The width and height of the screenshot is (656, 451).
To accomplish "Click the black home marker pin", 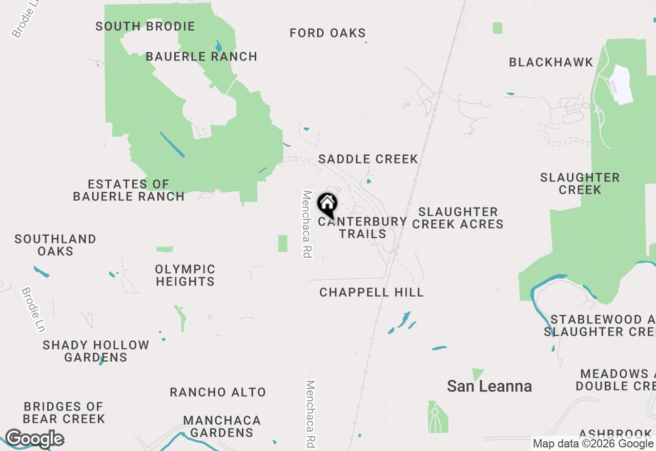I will [327, 204].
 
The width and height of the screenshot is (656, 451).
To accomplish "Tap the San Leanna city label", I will [489, 386].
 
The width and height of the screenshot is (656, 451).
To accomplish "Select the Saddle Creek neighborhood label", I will [368, 159].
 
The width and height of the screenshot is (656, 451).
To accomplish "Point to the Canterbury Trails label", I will [362, 228].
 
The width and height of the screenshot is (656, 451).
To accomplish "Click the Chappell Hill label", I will [372, 292].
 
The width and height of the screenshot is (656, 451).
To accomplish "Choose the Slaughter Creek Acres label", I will [458, 218].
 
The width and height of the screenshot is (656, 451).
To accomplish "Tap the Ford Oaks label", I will [327, 33].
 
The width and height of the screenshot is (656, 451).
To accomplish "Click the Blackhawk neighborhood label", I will [551, 62].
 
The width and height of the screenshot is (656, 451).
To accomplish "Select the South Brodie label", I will [145, 26].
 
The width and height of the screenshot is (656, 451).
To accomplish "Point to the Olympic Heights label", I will [185, 275].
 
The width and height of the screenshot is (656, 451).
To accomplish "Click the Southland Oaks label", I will [55, 245].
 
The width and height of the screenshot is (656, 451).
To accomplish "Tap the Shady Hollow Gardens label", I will [96, 351].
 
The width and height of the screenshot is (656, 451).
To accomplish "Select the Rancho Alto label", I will [218, 392].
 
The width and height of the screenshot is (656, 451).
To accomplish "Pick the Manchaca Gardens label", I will [222, 426].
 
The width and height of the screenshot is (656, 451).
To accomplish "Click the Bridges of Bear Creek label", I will [64, 413].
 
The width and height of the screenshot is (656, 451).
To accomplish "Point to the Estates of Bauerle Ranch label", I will [128, 190].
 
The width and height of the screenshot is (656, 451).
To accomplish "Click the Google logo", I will [34, 439].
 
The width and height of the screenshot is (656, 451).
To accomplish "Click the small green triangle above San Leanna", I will [478, 374].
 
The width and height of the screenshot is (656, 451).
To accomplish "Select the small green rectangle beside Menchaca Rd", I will [283, 243].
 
